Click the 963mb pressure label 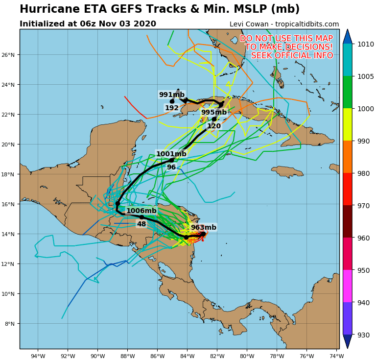pyautogui.click(x=203, y=228)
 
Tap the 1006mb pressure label pyautogui.click(x=141, y=211)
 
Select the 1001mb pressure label pyautogui.click(x=171, y=154)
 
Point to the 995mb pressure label pyautogui.click(x=214, y=113)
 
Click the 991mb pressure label pyautogui.click(x=172, y=95)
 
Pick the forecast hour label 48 pyautogui.click(x=141, y=224)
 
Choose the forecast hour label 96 pyautogui.click(x=171, y=168)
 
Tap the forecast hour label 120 pyautogui.click(x=214, y=126)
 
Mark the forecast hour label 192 pyautogui.click(x=172, y=108)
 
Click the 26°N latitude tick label pyautogui.click(x=9, y=55)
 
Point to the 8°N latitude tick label pyautogui.click(x=11, y=324)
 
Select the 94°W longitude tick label pyautogui.click(x=38, y=356)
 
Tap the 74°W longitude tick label pyautogui.click(x=336, y=356)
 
